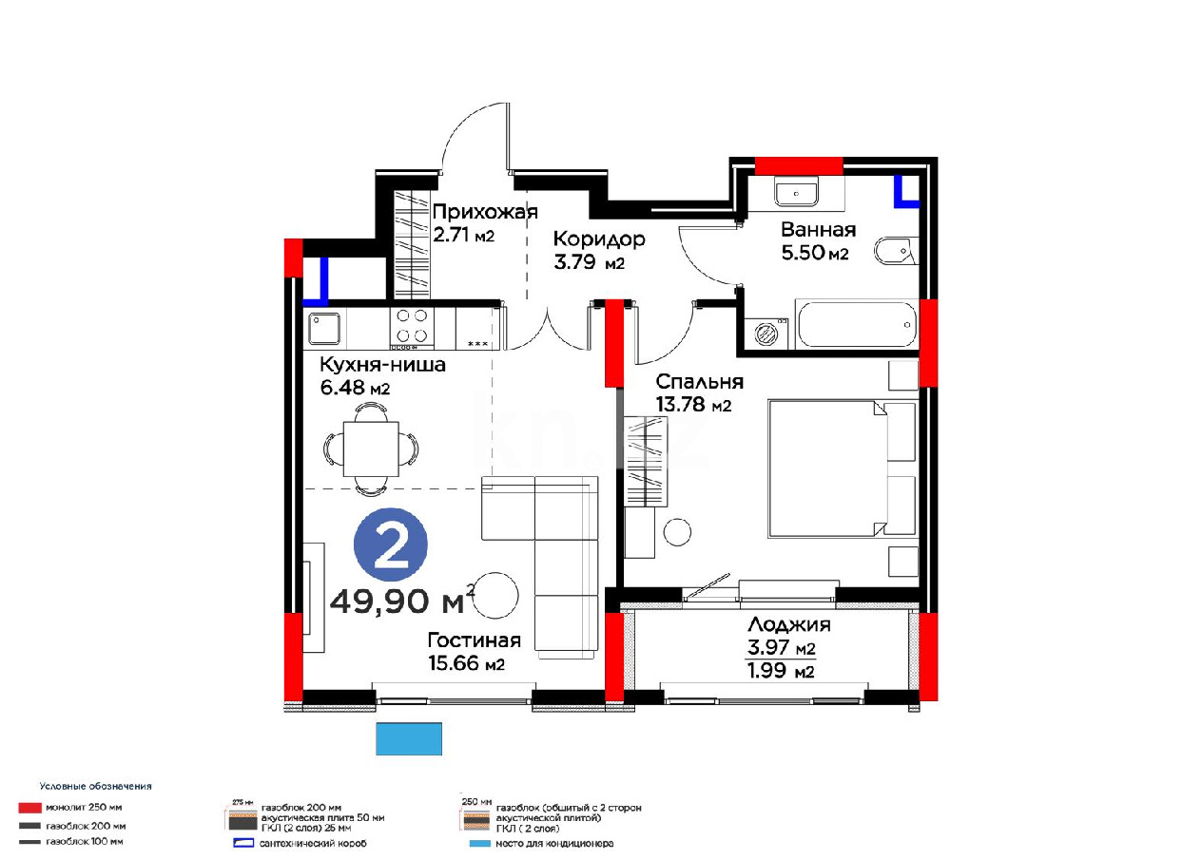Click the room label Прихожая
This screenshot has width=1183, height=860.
(x=485, y=212)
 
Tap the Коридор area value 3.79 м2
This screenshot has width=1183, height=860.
(x=589, y=263)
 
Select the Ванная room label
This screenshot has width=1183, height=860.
(x=818, y=230)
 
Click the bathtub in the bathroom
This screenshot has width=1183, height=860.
(x=857, y=325)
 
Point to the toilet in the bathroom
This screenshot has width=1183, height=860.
(x=893, y=252)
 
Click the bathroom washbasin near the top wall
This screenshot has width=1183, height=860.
(x=797, y=192)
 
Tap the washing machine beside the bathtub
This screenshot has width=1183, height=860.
(x=766, y=333)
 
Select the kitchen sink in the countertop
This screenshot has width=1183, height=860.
(x=324, y=329)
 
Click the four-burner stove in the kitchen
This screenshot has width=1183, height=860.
(x=412, y=326)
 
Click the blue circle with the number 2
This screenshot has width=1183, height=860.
(x=390, y=545)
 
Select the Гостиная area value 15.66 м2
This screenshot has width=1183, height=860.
(x=466, y=664)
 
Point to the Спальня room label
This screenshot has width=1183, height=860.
(x=700, y=382)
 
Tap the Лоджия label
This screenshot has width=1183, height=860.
(x=788, y=624)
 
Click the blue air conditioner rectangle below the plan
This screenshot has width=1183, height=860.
(x=409, y=738)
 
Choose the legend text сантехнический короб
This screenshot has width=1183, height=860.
(x=313, y=843)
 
